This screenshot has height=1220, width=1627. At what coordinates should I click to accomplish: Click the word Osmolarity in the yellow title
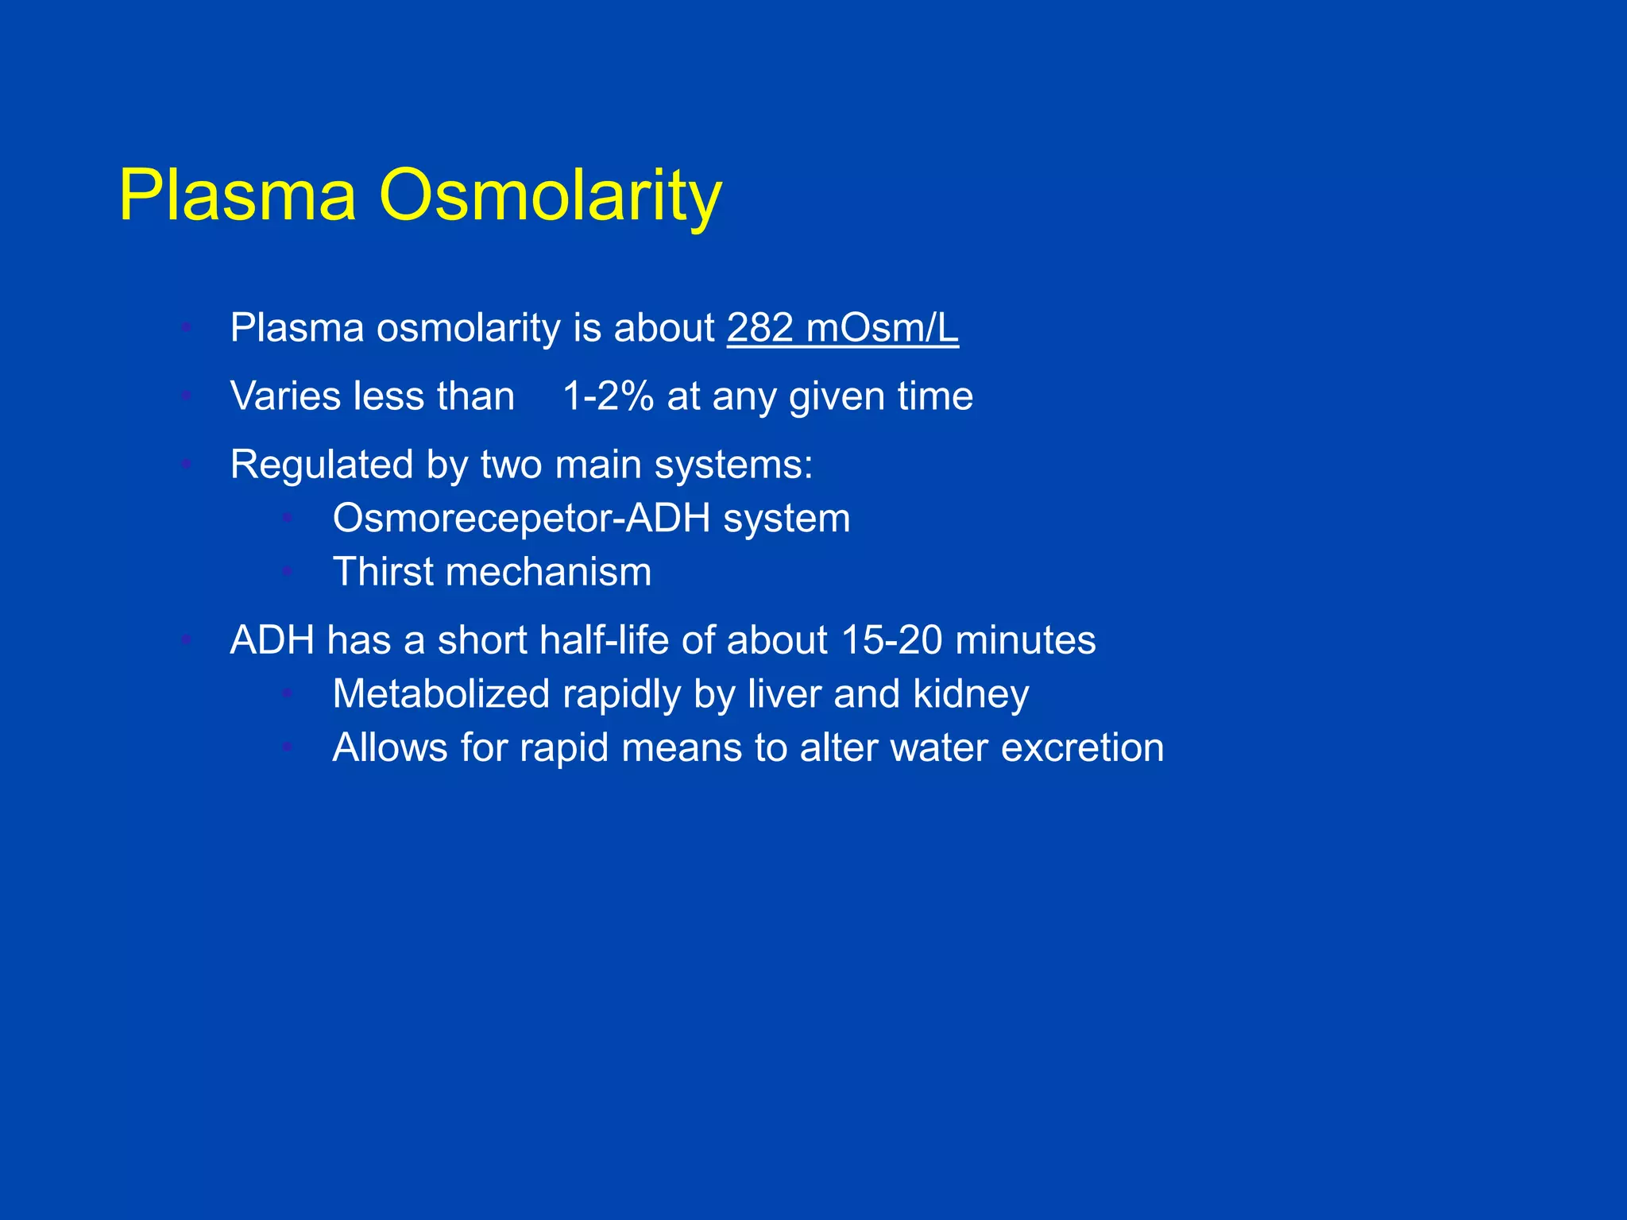point(550,196)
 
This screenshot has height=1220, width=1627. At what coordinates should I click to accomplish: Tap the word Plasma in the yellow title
point(238,196)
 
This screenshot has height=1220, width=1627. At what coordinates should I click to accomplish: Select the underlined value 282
point(760,328)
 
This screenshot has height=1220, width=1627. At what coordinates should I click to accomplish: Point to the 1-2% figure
point(608,396)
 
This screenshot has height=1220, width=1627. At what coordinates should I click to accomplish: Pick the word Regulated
point(321,465)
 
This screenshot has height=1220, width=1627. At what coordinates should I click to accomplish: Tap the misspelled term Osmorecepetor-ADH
point(521,519)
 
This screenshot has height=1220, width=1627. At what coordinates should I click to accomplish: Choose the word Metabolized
point(441,694)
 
